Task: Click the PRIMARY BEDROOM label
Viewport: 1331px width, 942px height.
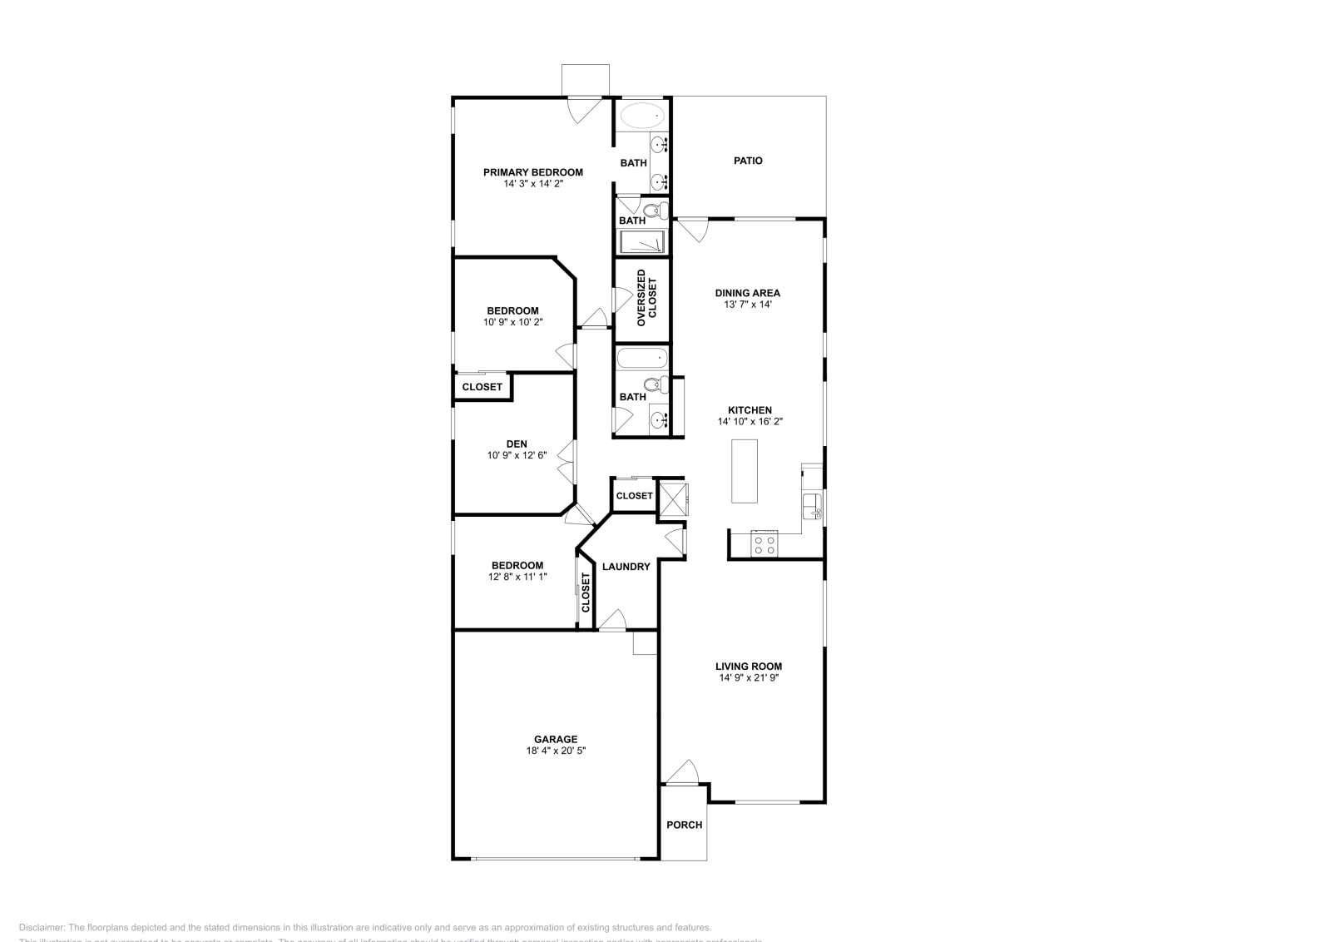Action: pos(532,172)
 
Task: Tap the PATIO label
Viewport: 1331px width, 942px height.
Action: pos(747,161)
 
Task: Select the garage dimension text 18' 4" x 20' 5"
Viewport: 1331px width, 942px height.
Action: pos(555,751)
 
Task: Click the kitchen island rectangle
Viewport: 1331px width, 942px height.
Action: pos(745,470)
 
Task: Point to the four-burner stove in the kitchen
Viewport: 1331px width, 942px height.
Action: pos(764,545)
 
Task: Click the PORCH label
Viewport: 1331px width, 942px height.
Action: pos(684,825)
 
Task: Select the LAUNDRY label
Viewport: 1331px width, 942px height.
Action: pos(626,567)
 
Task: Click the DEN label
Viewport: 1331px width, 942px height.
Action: pos(516,444)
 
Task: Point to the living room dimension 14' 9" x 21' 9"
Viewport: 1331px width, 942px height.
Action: pos(749,677)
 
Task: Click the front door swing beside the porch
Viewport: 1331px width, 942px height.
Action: pos(684,771)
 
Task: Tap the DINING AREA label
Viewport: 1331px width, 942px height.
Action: pos(747,293)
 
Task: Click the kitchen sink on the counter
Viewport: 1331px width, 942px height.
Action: pos(811,504)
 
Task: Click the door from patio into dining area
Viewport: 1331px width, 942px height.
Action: pos(692,230)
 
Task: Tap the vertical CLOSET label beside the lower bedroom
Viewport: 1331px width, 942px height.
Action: pos(586,592)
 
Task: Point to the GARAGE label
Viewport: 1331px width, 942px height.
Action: pos(555,739)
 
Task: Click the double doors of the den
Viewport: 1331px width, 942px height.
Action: pos(566,463)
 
